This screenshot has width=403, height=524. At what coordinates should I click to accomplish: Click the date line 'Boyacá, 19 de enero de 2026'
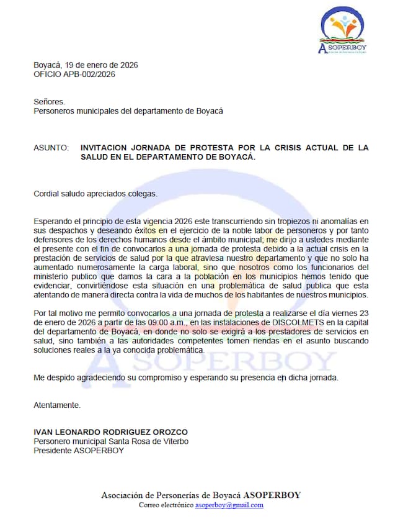pos(86,65)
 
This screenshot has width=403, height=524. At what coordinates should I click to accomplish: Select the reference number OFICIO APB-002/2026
pos(74,74)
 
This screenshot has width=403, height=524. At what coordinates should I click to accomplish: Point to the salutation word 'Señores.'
pos(49,102)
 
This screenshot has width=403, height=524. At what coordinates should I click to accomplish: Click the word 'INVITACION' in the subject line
pos(106,148)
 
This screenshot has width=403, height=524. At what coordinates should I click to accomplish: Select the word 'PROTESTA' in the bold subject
pos(215,148)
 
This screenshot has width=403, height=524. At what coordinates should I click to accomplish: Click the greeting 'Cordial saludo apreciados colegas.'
pos(95,193)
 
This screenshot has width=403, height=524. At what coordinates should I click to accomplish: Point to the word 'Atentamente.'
pos(57,405)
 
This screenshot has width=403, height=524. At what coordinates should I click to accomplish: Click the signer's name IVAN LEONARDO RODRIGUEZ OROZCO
pos(110,432)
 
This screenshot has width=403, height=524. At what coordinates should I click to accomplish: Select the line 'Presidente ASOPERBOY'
pos(79,450)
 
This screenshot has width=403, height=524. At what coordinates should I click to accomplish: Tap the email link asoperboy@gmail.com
pos(229,505)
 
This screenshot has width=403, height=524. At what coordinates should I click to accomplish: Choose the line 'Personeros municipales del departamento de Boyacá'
pos(128,111)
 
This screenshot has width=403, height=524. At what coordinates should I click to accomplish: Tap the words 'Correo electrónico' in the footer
pos(166,505)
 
